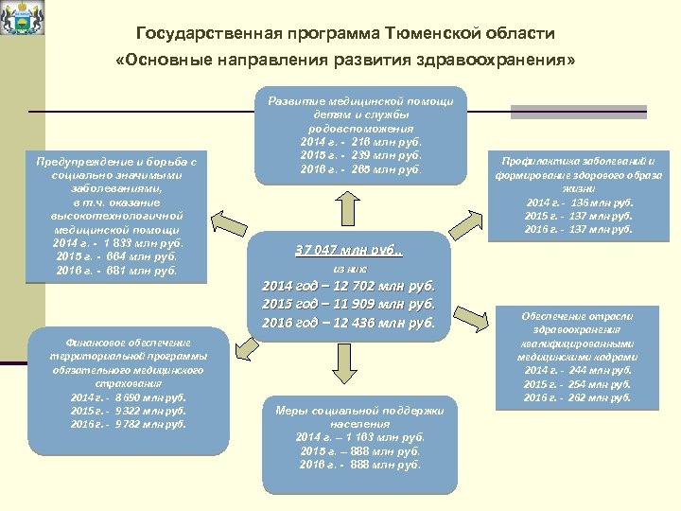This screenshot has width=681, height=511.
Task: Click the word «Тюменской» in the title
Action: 430,33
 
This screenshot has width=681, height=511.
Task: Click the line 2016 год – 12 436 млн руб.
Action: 347,323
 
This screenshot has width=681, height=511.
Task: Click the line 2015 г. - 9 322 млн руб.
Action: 129,410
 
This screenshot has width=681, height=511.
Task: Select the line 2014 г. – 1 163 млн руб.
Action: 360,437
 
